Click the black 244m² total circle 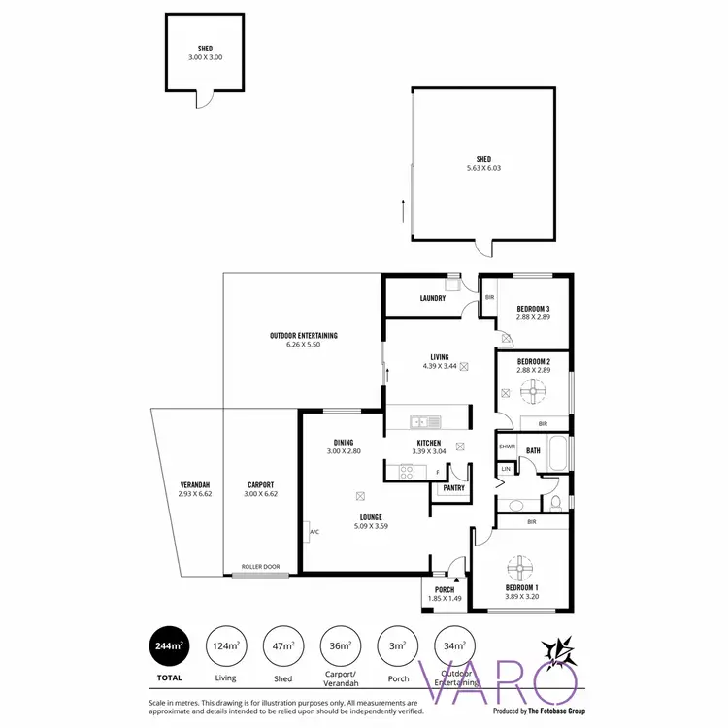(x=169, y=645)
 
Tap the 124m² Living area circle (x=225, y=645)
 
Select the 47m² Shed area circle (x=281, y=645)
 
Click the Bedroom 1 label (x=521, y=588)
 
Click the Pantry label (x=453, y=488)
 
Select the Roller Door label (x=259, y=567)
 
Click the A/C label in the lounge (x=314, y=533)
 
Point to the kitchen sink (x=424, y=421)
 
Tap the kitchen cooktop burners (x=405, y=472)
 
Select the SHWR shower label (x=506, y=447)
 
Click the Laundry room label (x=433, y=298)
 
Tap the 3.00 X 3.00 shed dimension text (x=205, y=57)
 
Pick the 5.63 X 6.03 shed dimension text (x=483, y=168)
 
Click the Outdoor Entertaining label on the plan (x=304, y=336)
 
